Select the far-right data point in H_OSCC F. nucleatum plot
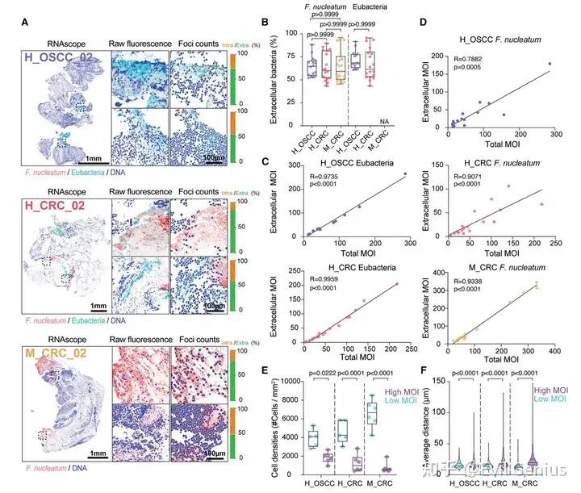[x=550, y=64]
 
